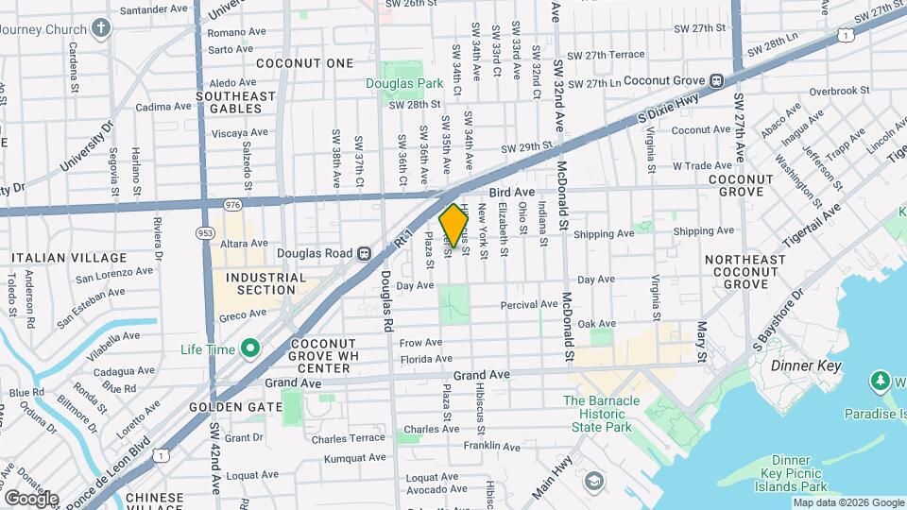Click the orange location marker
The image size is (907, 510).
click(453, 226)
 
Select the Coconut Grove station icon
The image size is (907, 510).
click(717, 82)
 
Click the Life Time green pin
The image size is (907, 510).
click(250, 349)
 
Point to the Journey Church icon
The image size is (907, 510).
click(101, 27)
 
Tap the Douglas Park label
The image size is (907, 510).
click(404, 83)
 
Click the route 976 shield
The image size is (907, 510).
click(232, 204)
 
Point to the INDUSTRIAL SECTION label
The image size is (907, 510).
click(265, 283)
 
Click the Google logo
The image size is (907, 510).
click(30, 498)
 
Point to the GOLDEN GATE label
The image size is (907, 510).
click(236, 406)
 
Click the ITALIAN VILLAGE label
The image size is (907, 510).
click(69, 258)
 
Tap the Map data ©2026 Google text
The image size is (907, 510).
click(847, 502)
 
